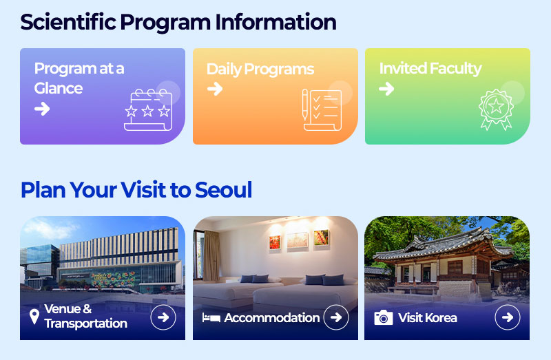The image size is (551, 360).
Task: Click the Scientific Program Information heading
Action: (x=178, y=22)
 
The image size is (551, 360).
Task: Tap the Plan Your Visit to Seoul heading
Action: (x=136, y=190)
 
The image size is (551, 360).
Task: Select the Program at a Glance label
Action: (x=79, y=78)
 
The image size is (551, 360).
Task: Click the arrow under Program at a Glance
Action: (x=42, y=109)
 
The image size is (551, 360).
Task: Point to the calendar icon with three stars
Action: (x=148, y=110)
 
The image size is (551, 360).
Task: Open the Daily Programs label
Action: (x=260, y=70)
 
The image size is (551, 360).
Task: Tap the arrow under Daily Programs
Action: (x=215, y=89)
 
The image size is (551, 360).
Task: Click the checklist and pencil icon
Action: (x=322, y=110)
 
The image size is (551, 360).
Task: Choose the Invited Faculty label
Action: (x=430, y=68)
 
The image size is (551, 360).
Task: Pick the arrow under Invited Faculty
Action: (x=386, y=89)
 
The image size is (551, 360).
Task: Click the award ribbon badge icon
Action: (x=496, y=109)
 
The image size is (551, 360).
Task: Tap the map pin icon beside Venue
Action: (x=34, y=317)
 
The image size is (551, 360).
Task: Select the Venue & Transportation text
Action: (x=85, y=316)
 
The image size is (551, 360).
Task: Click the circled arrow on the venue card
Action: (x=163, y=317)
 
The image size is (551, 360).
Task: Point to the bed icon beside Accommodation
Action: (x=211, y=318)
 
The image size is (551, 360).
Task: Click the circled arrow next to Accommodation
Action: (x=336, y=317)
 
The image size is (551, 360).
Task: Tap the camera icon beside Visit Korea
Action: (x=384, y=317)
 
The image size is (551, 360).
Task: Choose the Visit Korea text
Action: (x=427, y=318)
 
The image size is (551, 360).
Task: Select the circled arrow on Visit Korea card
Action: (x=508, y=317)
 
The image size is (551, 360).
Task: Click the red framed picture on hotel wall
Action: (x=275, y=242)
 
